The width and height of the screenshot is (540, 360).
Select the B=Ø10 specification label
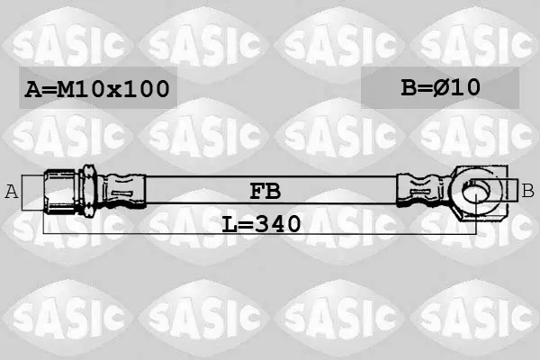pos(441,87)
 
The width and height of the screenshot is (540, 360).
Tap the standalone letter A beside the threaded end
pos(12,191)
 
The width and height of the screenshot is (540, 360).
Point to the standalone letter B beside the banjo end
pos(528,190)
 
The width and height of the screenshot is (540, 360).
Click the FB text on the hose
pos(264,191)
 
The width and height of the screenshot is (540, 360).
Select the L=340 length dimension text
pos(261,223)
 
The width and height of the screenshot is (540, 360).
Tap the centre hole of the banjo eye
pos(476,189)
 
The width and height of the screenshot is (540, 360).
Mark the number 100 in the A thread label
pos(146,89)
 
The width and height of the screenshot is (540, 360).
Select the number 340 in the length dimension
pos(275,223)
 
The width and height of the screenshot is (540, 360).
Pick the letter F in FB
pos(256,191)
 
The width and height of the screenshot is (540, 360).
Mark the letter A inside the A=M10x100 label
pos(32,89)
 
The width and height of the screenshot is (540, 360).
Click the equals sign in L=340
pos(245,223)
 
